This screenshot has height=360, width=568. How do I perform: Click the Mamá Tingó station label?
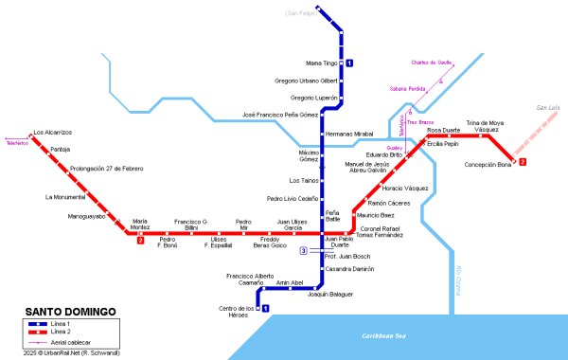coord(322,63)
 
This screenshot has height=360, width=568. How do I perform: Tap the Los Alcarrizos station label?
coord(52,133)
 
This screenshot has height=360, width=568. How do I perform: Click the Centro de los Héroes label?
coord(237,312)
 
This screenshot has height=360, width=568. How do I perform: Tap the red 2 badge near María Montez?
coord(140,241)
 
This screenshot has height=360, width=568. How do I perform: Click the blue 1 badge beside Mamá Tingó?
coord(349,63)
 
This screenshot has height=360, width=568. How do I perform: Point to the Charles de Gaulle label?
coord(431,63)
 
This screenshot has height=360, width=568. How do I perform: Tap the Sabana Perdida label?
coord(408,89)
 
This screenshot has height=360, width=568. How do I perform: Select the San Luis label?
coord(549,109)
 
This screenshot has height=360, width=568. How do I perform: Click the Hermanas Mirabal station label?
coord(345,135)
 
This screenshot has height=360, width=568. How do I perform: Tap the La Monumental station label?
coord(65,197)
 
